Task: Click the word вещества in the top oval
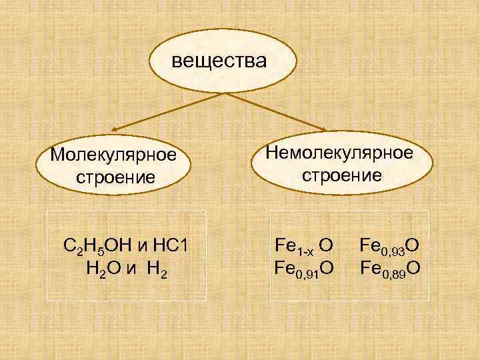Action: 219,61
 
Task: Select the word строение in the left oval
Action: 115,177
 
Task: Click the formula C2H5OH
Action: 97,247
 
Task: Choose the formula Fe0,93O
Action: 389,246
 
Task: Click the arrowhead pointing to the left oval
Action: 115,129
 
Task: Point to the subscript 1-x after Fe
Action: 305,251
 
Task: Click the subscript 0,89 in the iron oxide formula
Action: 391,273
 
